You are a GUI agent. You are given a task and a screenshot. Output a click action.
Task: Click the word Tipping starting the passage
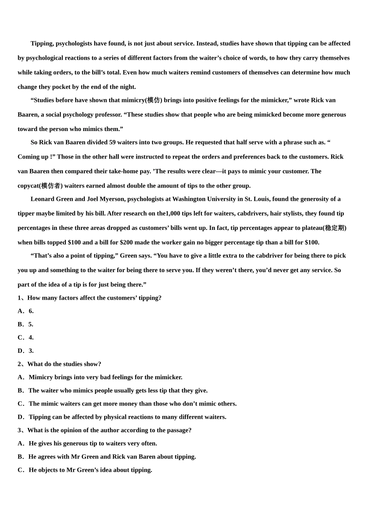pyautogui.click(x=42, y=43)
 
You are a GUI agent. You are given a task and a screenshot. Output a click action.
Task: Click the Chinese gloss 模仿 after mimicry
pyautogui.click(x=153, y=100)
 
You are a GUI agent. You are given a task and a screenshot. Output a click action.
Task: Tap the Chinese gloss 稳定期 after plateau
pyautogui.click(x=335, y=228)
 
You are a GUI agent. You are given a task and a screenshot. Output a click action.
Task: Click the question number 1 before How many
pyautogui.click(x=19, y=298)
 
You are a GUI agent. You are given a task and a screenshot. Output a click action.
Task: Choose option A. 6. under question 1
pyautogui.click(x=26, y=311)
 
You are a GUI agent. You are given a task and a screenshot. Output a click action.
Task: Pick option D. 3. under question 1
pyautogui.click(x=26, y=351)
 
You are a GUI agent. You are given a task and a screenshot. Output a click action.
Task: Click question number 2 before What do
pyautogui.click(x=19, y=364)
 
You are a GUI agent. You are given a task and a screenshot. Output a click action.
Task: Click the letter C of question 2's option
pyautogui.click(x=20, y=404)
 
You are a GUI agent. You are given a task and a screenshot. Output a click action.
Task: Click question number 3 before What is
pyautogui.click(x=19, y=430)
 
